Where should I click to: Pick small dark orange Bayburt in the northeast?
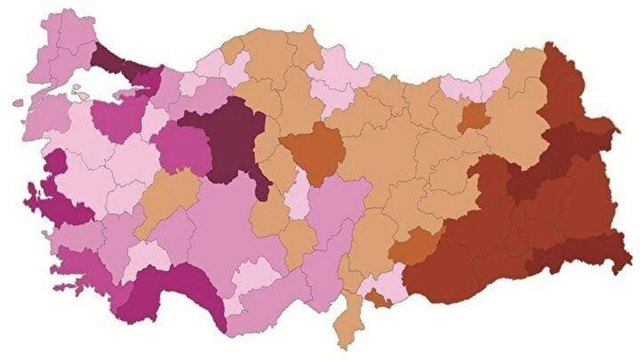coord(475,118)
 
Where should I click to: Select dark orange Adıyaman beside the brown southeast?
coord(416,246)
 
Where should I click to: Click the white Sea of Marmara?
coord(96,90)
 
